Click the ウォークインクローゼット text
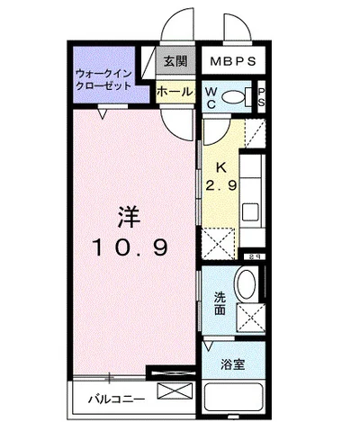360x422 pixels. [104, 78]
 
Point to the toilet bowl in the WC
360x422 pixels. [236, 97]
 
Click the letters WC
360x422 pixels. [210, 97]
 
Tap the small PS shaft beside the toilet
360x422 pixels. [261, 97]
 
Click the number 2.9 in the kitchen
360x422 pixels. [220, 185]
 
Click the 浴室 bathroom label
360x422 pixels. [233, 364]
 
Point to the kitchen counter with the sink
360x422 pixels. [250, 193]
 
